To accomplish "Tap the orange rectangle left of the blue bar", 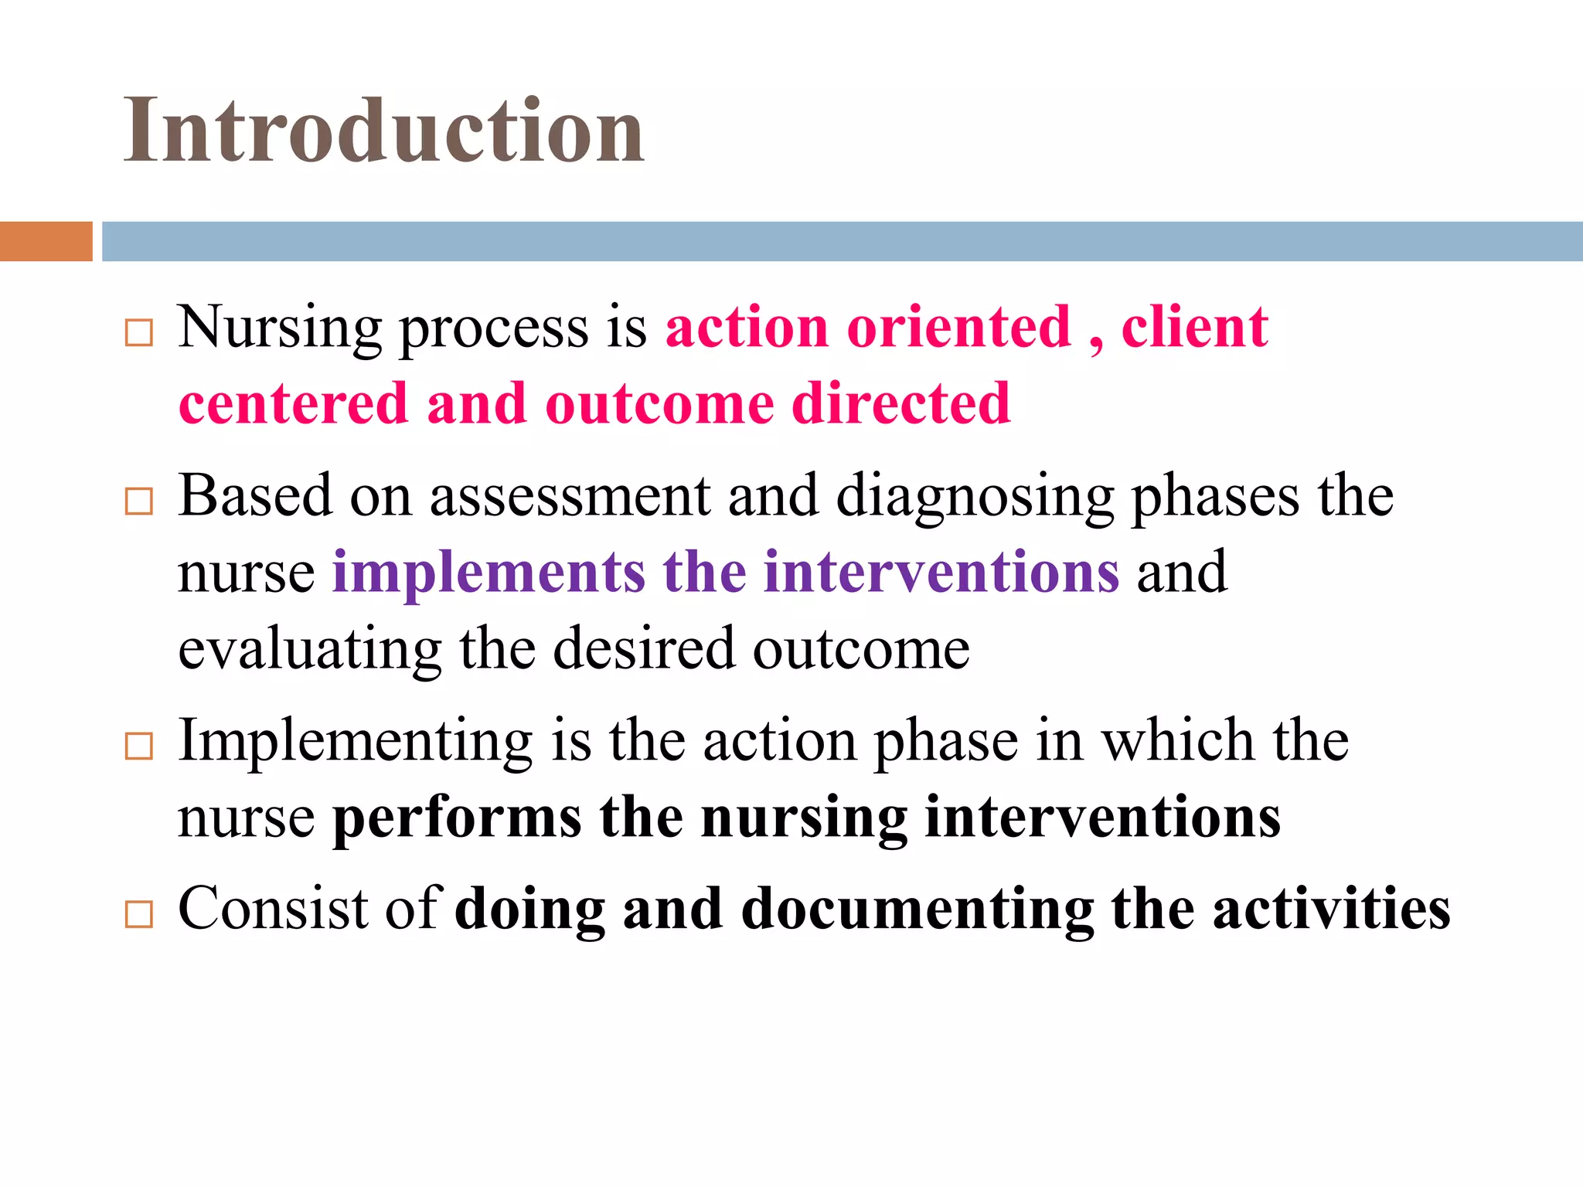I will (46, 241).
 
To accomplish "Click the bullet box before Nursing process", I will (139, 333).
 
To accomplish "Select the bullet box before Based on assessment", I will (139, 502).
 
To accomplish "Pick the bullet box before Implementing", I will (139, 747).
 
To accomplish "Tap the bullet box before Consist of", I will (139, 914).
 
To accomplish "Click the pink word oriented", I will (958, 328).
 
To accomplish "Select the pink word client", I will (1194, 328).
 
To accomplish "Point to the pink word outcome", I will (659, 404).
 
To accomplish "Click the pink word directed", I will (901, 404).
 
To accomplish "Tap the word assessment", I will (570, 496).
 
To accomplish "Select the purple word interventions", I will (941, 573).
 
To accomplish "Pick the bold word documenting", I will (917, 910).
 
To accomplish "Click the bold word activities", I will (1331, 909).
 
